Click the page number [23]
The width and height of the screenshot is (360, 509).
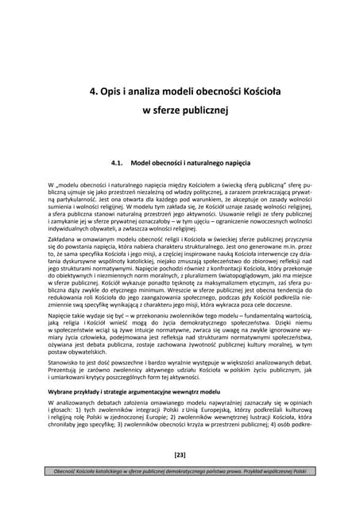click(180, 477)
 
